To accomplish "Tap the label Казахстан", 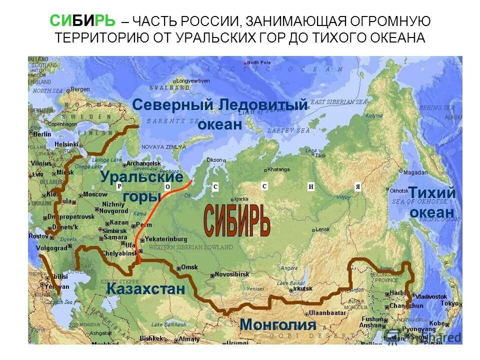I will (x=145, y=289).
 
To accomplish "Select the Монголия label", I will (x=278, y=324).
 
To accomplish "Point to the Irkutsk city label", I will (x=303, y=288).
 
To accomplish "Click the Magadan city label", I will (x=415, y=172).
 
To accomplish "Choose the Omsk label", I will (x=189, y=267).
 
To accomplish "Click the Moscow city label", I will (x=94, y=194).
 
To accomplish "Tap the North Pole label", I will (x=258, y=62).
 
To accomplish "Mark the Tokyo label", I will (x=449, y=303).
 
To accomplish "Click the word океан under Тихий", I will (x=432, y=212).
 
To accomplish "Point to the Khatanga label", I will (x=278, y=169).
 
